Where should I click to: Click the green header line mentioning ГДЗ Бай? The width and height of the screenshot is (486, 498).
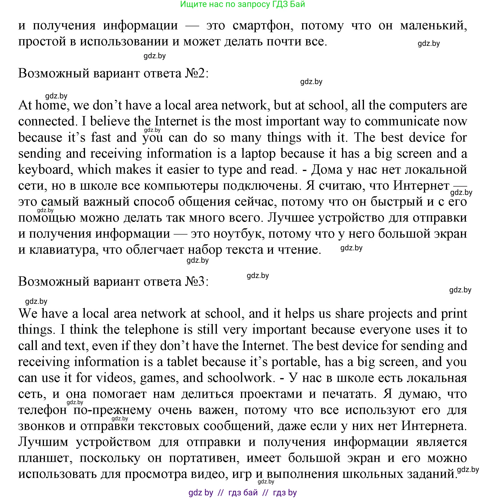pyautogui.click(x=242, y=4)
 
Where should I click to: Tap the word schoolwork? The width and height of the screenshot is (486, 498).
pyautogui.click(x=240, y=378)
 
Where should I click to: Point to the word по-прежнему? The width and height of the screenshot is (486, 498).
pyautogui.click(x=112, y=410)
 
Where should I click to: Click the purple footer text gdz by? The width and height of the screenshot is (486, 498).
pyautogui.click(x=201, y=492)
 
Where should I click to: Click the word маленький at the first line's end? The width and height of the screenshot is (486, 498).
pyautogui.click(x=433, y=26)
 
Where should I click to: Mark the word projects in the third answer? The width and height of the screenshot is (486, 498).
pyautogui.click(x=390, y=314)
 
